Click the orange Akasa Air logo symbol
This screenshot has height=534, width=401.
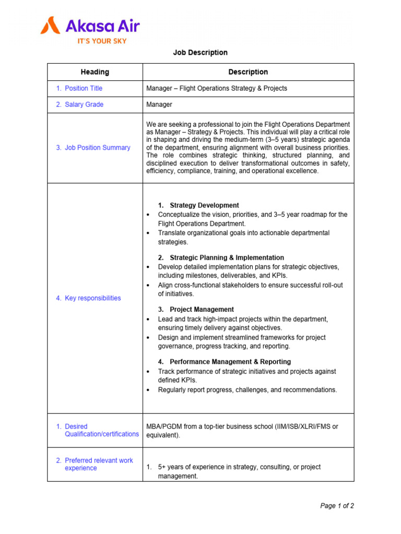(x=51, y=25)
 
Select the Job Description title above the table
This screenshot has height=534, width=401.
(x=200, y=53)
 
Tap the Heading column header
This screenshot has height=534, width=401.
(x=95, y=72)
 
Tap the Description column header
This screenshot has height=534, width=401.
(x=248, y=72)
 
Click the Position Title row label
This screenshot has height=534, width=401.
(x=84, y=89)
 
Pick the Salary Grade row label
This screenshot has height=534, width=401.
(x=84, y=104)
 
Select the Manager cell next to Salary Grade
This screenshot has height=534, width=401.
(x=159, y=104)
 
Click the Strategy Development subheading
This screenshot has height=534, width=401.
(x=204, y=205)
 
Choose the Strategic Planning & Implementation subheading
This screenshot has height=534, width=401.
(x=227, y=258)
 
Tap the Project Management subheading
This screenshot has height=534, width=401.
(x=202, y=309)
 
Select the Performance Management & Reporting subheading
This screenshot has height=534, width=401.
(x=230, y=361)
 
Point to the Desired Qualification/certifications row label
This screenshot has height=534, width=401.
(x=98, y=430)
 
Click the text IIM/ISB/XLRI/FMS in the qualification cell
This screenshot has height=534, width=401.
(x=301, y=427)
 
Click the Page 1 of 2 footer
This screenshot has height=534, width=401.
(x=337, y=506)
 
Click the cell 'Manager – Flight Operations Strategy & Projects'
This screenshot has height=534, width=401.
(x=217, y=89)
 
